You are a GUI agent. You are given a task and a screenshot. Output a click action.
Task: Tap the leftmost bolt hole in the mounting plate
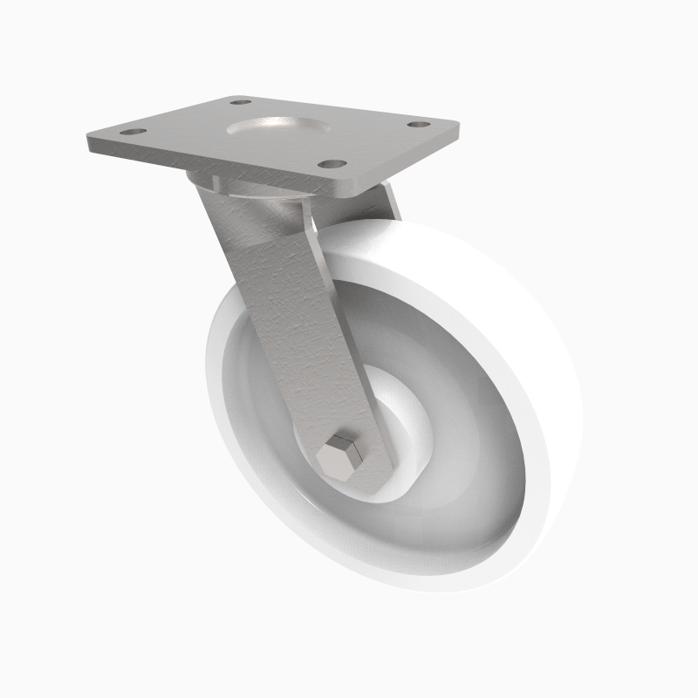point(132,132)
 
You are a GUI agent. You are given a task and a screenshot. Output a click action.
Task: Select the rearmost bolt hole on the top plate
point(241,102)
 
